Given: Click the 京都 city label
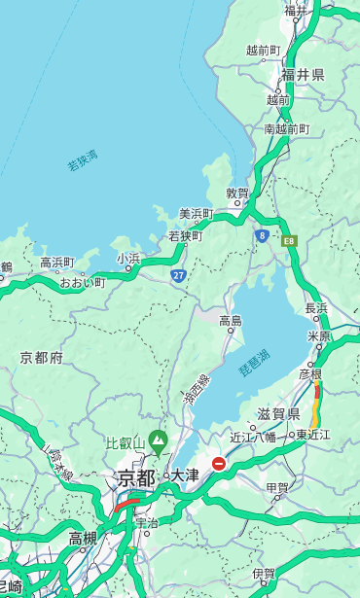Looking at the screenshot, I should coord(136,477).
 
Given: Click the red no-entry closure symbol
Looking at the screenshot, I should coord(219,464).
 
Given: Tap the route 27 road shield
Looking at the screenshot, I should coord(178,275).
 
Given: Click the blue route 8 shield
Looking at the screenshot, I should coord(263,235).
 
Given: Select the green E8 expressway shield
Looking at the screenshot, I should coord(289,239).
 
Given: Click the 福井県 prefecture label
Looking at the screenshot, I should coord(303,75).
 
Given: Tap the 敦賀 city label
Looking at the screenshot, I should coord(237,193).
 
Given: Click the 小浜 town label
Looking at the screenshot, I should coord(128,258).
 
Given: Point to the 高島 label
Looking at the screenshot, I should coord(231,321).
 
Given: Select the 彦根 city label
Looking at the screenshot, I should coord(309,373).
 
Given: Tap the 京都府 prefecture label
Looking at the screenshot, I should coord(42,358).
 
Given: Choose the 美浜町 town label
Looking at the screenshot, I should coord(197,214).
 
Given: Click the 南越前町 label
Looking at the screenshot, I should coord(286,128).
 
